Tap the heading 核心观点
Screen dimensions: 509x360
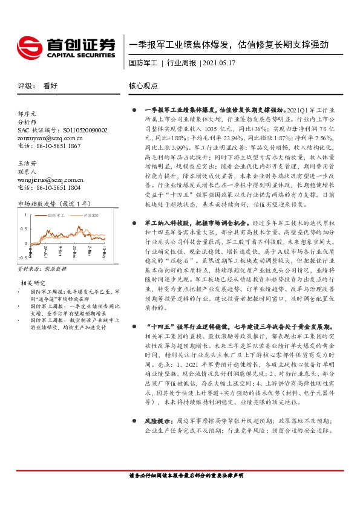coord(144,86)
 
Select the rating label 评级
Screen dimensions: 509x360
coord(25,86)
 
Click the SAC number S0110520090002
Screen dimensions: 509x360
coord(85,130)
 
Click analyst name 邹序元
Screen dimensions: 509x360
coord(27,113)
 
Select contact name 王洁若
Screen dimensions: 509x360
coord(27,163)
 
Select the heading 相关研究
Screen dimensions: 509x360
coord(34,282)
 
